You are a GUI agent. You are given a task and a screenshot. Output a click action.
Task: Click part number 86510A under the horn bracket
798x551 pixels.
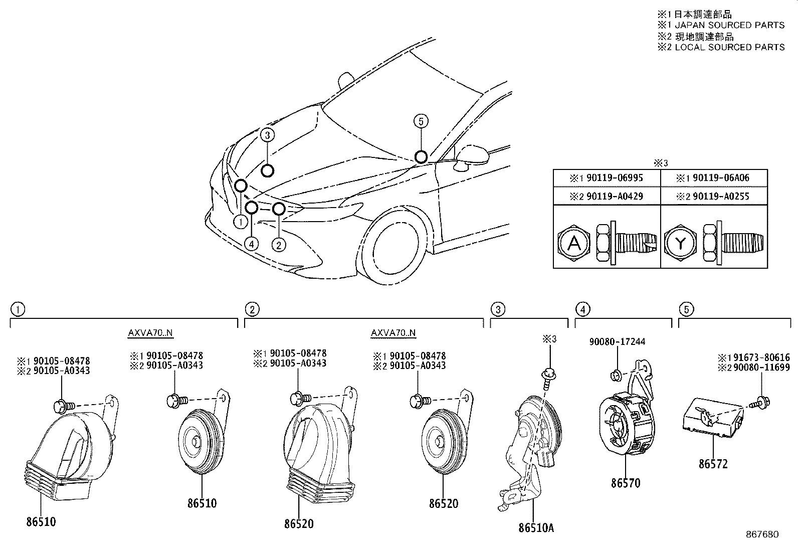coord(536,527)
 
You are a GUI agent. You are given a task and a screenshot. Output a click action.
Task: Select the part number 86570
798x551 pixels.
coord(625,483)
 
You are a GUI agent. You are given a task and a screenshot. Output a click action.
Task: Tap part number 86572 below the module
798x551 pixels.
coord(713,464)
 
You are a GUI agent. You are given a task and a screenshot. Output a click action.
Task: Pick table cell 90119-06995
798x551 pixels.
coord(607,178)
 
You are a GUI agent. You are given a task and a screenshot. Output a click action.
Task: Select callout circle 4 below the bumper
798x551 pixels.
coord(252,244)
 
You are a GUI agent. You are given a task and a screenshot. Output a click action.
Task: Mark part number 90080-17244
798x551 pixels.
coord(617,342)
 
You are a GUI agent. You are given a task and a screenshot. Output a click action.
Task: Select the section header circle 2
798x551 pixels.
coord(252,309)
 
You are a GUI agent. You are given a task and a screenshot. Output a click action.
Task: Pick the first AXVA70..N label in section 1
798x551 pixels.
coord(150,333)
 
